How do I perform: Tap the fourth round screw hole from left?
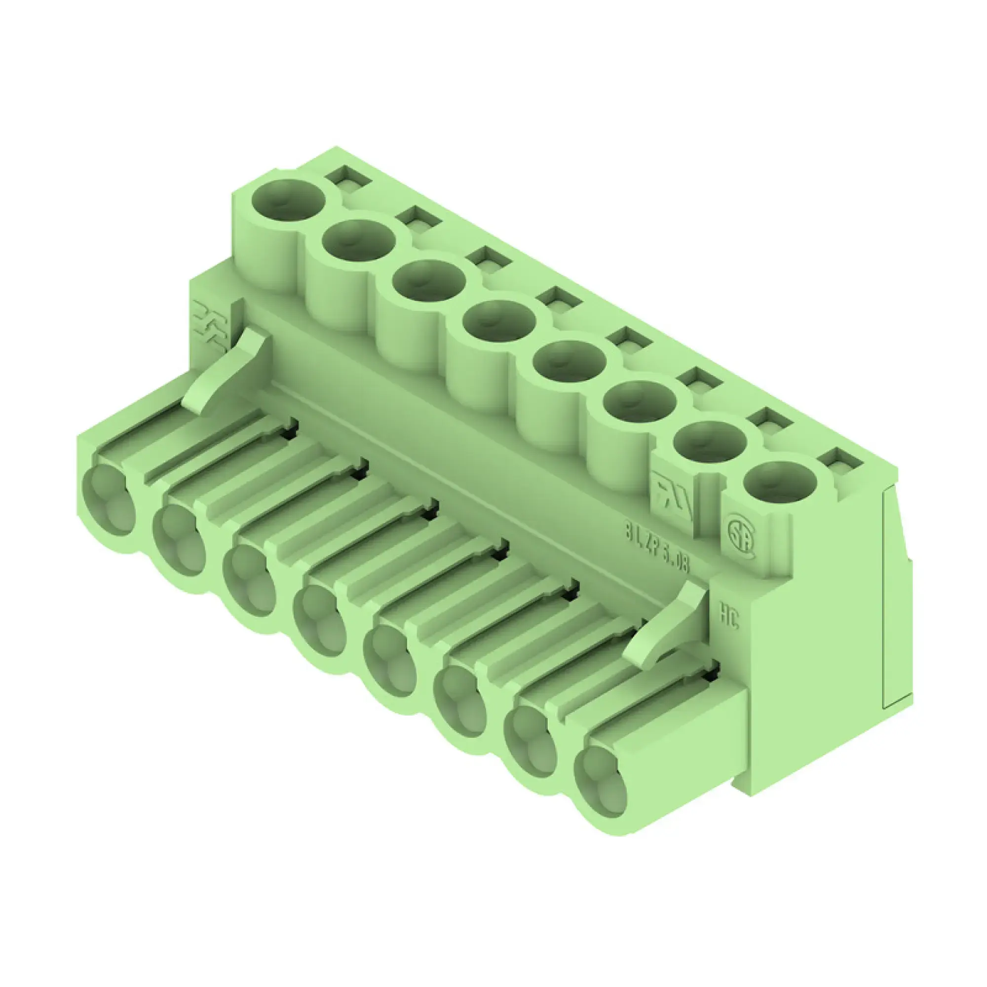coord(499,321)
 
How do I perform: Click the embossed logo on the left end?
coord(211,327)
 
